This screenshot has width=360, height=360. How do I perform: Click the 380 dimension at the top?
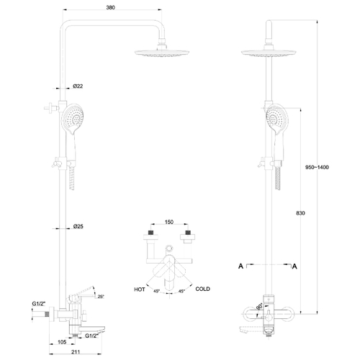pos(110,7)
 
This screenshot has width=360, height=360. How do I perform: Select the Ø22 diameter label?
pos(78,86)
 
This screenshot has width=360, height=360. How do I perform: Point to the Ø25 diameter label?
pos(78,226)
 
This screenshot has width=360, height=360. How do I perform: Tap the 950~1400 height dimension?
pos(317,167)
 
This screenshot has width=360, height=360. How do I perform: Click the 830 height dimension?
pos(300,213)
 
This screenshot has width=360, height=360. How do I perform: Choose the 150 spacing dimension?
pos(169,222)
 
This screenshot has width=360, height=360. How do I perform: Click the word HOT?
pos(140,289)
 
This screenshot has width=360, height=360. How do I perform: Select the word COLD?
pos(203,289)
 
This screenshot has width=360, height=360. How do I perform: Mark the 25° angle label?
pos(101,297)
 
